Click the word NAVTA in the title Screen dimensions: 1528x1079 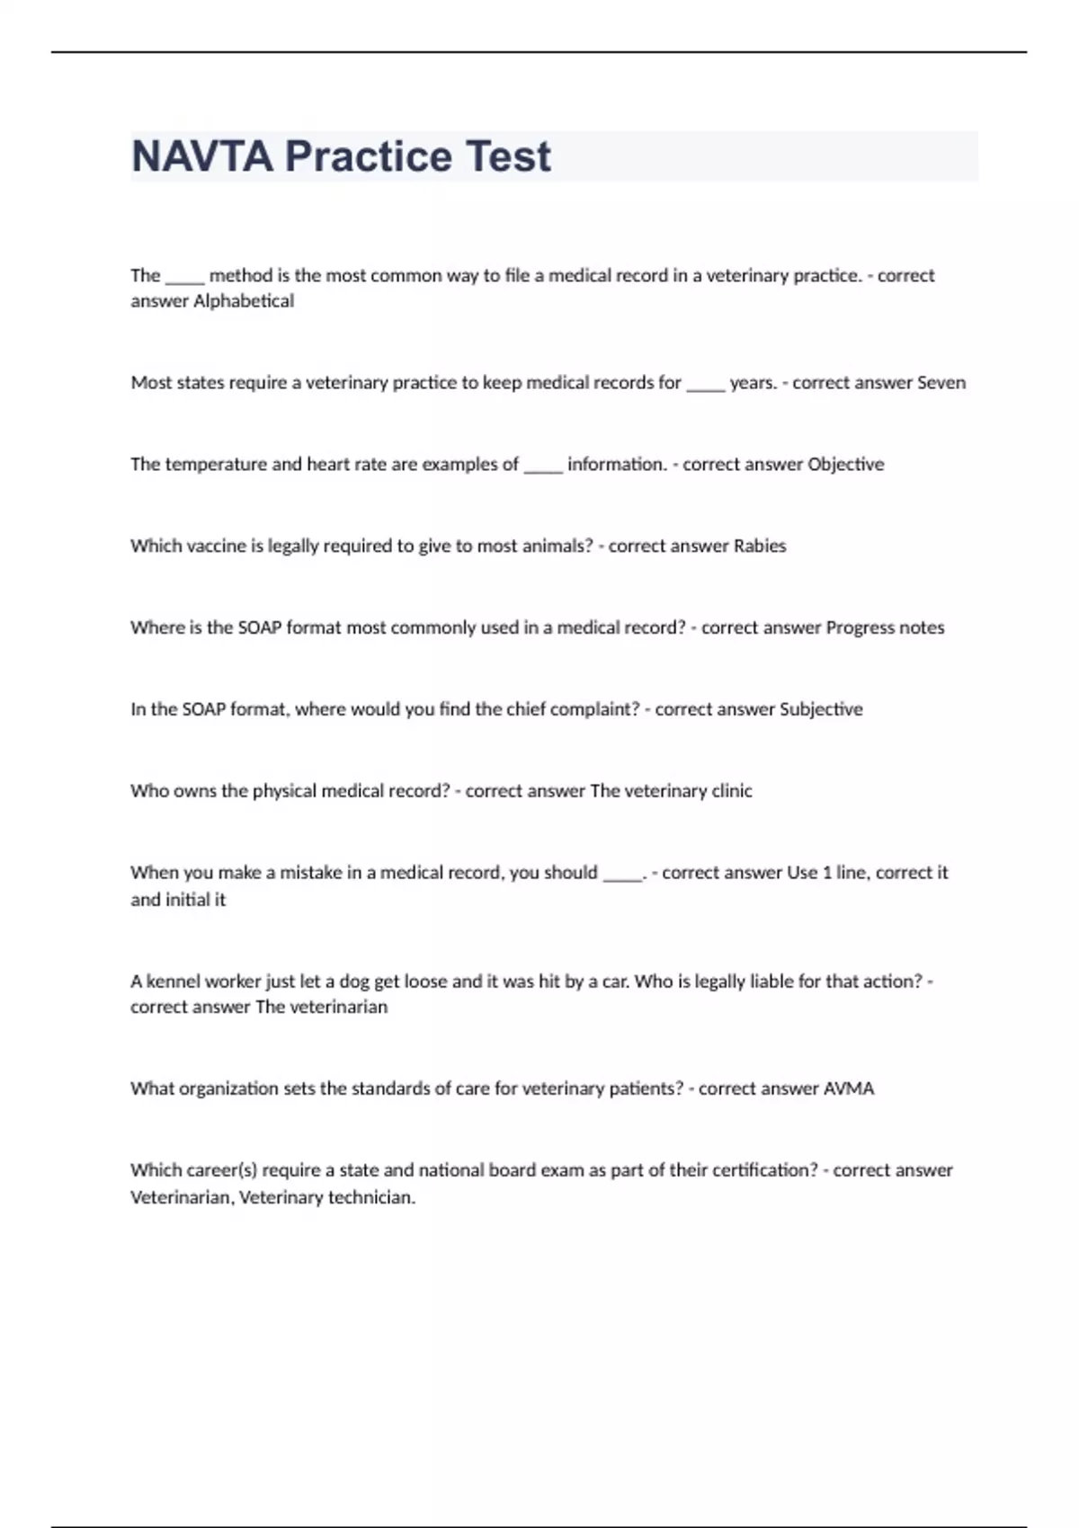202,156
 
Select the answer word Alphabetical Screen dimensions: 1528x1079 244,301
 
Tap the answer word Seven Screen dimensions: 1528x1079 941,383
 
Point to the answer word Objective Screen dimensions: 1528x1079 845,465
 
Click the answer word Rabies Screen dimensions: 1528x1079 760,546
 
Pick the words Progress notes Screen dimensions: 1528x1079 885,628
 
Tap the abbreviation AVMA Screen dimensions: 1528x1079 849,1088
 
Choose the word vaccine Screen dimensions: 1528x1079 216,546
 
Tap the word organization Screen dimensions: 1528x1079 228,1088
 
